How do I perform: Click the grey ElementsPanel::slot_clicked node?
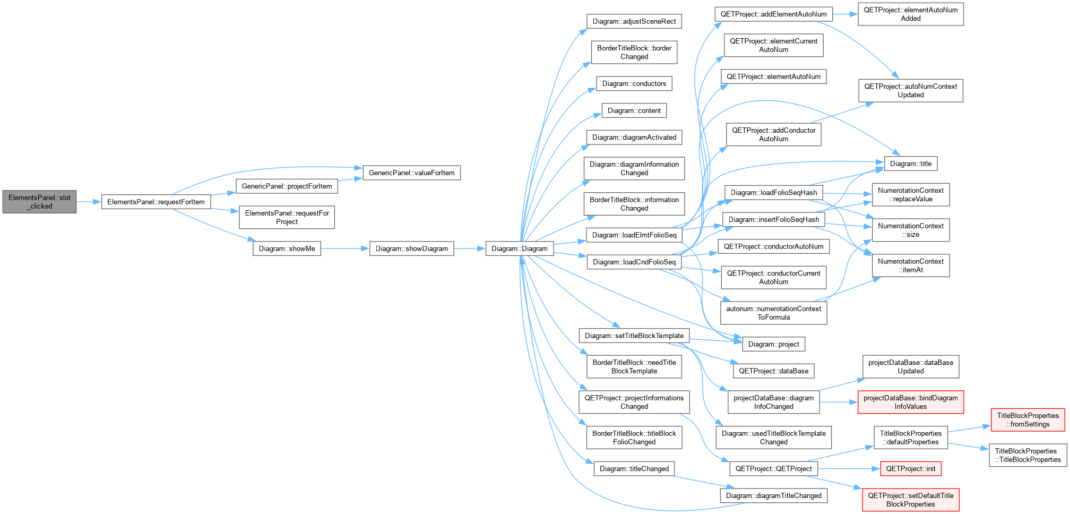(39, 202)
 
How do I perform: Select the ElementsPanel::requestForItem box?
(156, 202)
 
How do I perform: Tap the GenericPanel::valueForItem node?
(411, 173)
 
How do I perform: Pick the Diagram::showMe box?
(287, 249)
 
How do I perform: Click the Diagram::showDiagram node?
(411, 249)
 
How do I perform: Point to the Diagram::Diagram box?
(520, 249)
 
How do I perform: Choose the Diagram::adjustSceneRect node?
(634, 21)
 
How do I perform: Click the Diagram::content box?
(634, 110)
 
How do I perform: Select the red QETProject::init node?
(911, 469)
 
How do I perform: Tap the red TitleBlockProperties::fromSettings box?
(1028, 420)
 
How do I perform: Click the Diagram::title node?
(911, 164)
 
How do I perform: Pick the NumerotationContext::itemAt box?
(911, 265)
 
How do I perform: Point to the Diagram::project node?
(773, 344)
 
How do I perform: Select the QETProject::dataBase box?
(773, 371)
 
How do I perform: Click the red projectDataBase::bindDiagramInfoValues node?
(911, 402)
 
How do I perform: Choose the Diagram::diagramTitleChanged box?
(773, 496)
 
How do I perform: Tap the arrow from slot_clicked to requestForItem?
(89, 202)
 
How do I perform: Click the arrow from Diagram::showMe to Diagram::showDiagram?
(345, 249)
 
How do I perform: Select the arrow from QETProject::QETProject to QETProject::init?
(849, 469)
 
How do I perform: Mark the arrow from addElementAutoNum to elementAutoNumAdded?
(845, 14)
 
